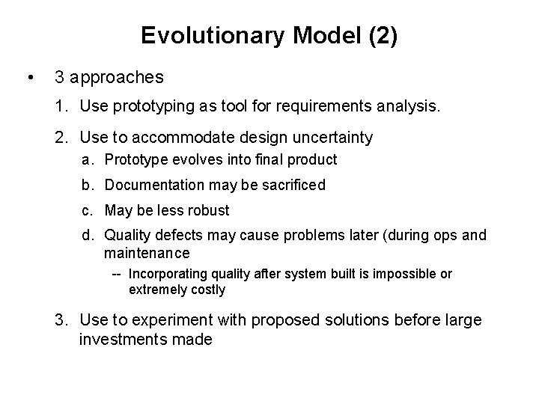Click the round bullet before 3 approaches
(x=28, y=77)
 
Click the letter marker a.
(x=88, y=159)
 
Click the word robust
(x=210, y=210)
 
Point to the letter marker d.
(x=88, y=236)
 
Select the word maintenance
(x=147, y=254)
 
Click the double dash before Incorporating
(x=118, y=274)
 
